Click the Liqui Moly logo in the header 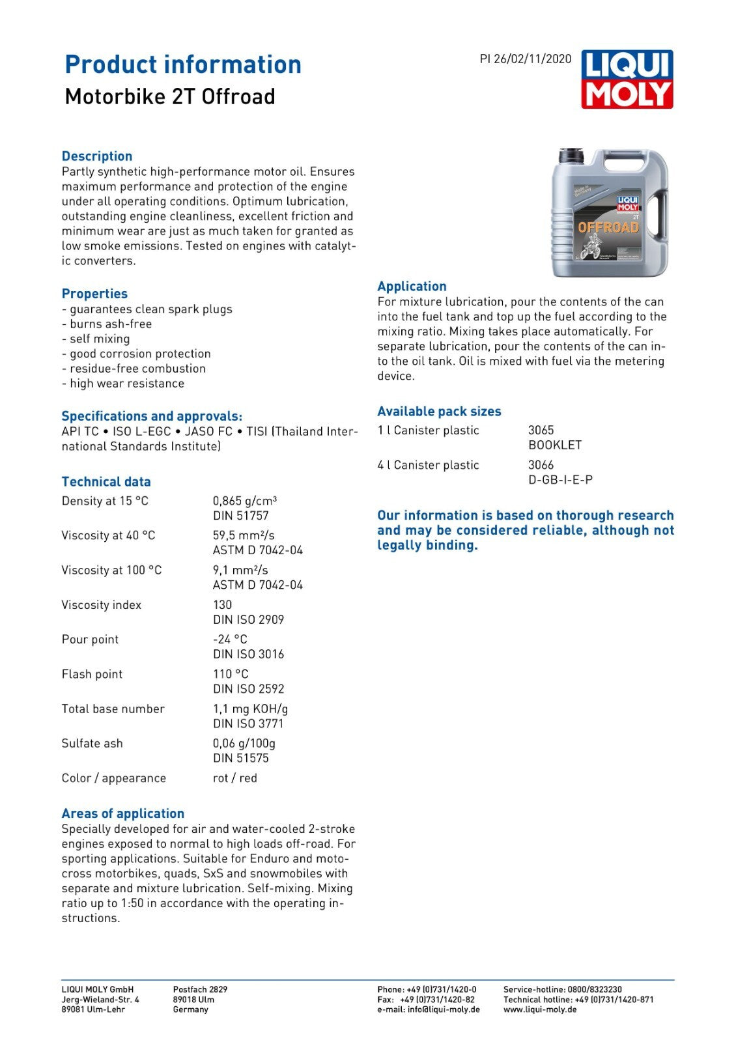[627, 79]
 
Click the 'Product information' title [183, 64]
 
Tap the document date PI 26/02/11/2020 [525, 59]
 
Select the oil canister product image [610, 212]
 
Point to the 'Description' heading [97, 156]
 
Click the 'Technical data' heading [106, 482]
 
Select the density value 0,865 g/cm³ [245, 501]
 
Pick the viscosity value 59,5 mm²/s [244, 535]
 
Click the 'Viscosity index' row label [101, 605]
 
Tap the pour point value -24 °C [230, 640]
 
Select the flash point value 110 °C [231, 674]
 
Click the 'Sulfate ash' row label [92, 743]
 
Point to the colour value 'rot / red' [234, 778]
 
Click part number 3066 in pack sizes [541, 465]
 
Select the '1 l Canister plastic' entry [428, 430]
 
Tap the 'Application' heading [412, 287]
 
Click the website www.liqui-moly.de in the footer [540, 1009]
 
